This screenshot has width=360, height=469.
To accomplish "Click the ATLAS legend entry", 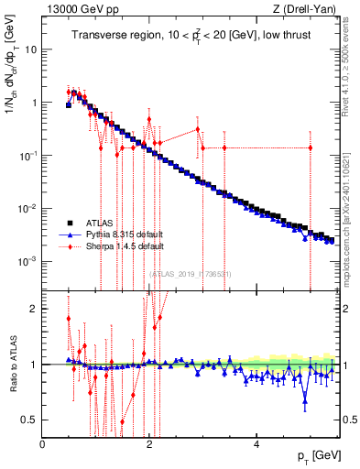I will [101, 223].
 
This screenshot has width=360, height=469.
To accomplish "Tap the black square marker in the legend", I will [69, 223].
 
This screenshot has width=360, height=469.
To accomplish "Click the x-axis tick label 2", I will [149, 444].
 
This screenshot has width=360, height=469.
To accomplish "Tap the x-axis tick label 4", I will [256, 444].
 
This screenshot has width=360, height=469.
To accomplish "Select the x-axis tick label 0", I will [43, 444].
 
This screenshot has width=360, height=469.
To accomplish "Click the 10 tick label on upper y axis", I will [29, 49].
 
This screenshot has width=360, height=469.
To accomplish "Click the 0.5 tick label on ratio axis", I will [29, 420].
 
